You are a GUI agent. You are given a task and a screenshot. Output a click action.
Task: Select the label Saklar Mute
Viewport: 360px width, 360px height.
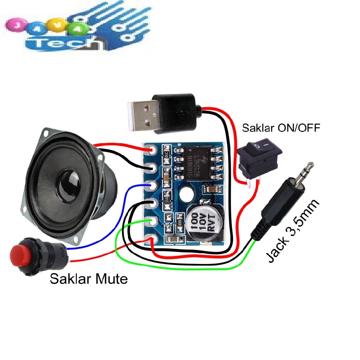[x=89, y=279]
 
